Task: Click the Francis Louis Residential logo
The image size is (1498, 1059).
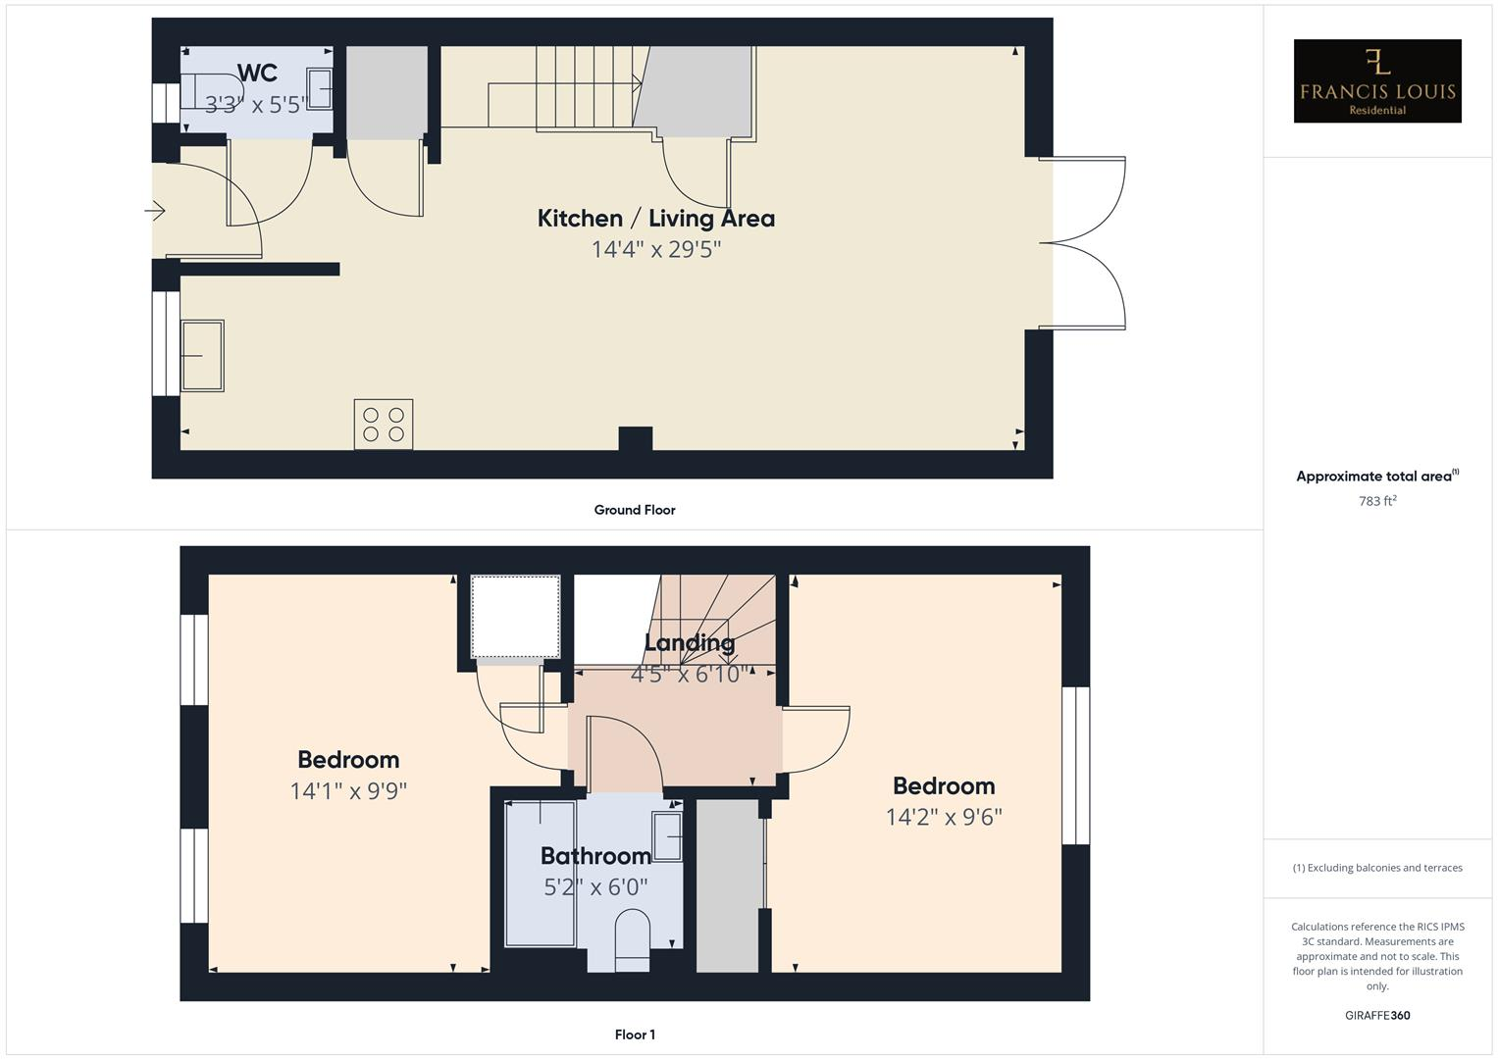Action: point(1376,81)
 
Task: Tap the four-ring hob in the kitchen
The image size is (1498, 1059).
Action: point(384,425)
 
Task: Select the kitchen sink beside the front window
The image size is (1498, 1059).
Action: point(203,355)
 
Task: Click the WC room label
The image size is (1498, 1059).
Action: point(257,73)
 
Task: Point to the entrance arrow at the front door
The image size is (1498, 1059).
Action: point(156,210)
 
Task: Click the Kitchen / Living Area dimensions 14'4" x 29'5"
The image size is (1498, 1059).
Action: point(655,249)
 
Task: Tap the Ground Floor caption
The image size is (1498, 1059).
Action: point(634,510)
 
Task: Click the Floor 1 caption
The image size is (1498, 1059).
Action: point(635,1034)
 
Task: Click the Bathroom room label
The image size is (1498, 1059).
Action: point(595,856)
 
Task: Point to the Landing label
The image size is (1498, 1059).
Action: point(689,643)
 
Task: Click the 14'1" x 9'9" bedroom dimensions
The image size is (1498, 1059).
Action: point(348,790)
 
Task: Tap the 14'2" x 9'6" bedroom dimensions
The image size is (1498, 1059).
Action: point(944,817)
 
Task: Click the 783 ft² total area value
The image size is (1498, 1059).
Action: point(1376,501)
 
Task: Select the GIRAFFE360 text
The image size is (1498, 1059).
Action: point(1376,1015)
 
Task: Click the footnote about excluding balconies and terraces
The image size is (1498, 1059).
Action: point(1376,868)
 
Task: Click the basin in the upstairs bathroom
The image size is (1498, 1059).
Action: point(668,836)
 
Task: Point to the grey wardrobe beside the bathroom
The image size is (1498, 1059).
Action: point(729,885)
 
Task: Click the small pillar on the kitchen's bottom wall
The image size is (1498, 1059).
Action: point(636,439)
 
